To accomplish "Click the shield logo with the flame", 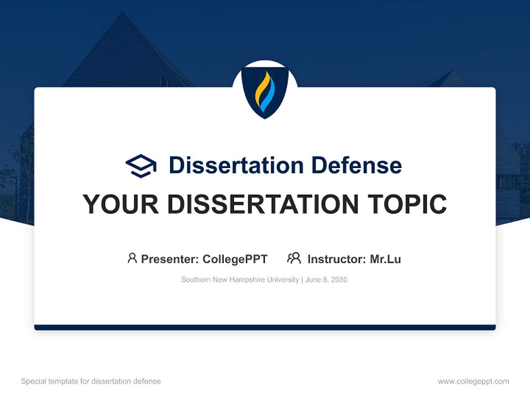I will pyautogui.click(x=265, y=92).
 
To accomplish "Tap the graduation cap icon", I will pyautogui.click(x=141, y=166).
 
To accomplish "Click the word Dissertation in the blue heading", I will pyautogui.click(x=236, y=165).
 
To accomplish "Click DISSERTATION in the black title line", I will pyautogui.click(x=262, y=205).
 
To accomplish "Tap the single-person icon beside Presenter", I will pyautogui.click(x=132, y=258).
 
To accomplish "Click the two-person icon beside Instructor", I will pyautogui.click(x=294, y=258).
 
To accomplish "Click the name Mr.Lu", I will pyautogui.click(x=385, y=259).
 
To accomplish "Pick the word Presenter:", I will pyautogui.click(x=170, y=259).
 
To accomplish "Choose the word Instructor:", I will pyautogui.click(x=336, y=259).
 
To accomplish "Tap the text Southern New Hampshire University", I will pyautogui.click(x=240, y=280).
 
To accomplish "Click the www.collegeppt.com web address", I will pyautogui.click(x=473, y=381).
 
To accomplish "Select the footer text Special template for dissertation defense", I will pyautogui.click(x=91, y=381).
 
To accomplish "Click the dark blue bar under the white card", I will pyautogui.click(x=265, y=327).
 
